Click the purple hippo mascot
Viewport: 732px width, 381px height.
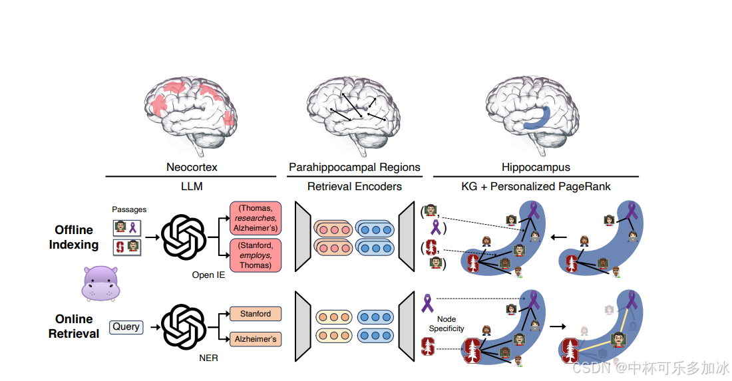click(x=100, y=282)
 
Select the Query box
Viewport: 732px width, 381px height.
click(x=126, y=326)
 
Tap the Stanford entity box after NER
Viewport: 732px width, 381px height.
click(x=256, y=314)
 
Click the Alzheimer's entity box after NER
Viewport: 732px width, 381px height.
click(x=256, y=339)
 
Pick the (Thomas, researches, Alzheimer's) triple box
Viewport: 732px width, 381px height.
click(x=256, y=217)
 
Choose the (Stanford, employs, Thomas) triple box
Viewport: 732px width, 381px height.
click(x=256, y=255)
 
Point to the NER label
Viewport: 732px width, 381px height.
click(x=208, y=358)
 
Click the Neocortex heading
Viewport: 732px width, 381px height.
click(x=191, y=167)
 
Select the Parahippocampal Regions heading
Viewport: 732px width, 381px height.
click(x=354, y=167)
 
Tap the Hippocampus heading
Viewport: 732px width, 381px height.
click(x=536, y=167)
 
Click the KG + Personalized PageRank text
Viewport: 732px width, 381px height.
click(x=536, y=187)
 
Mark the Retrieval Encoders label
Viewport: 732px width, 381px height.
click(x=354, y=187)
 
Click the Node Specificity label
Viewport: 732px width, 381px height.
click(x=447, y=324)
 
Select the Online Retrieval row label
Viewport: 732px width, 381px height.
click(x=74, y=326)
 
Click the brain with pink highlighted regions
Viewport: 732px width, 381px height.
click(x=190, y=110)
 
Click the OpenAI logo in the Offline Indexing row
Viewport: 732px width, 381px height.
click(x=184, y=236)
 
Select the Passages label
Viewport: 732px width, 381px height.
click(x=129, y=209)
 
